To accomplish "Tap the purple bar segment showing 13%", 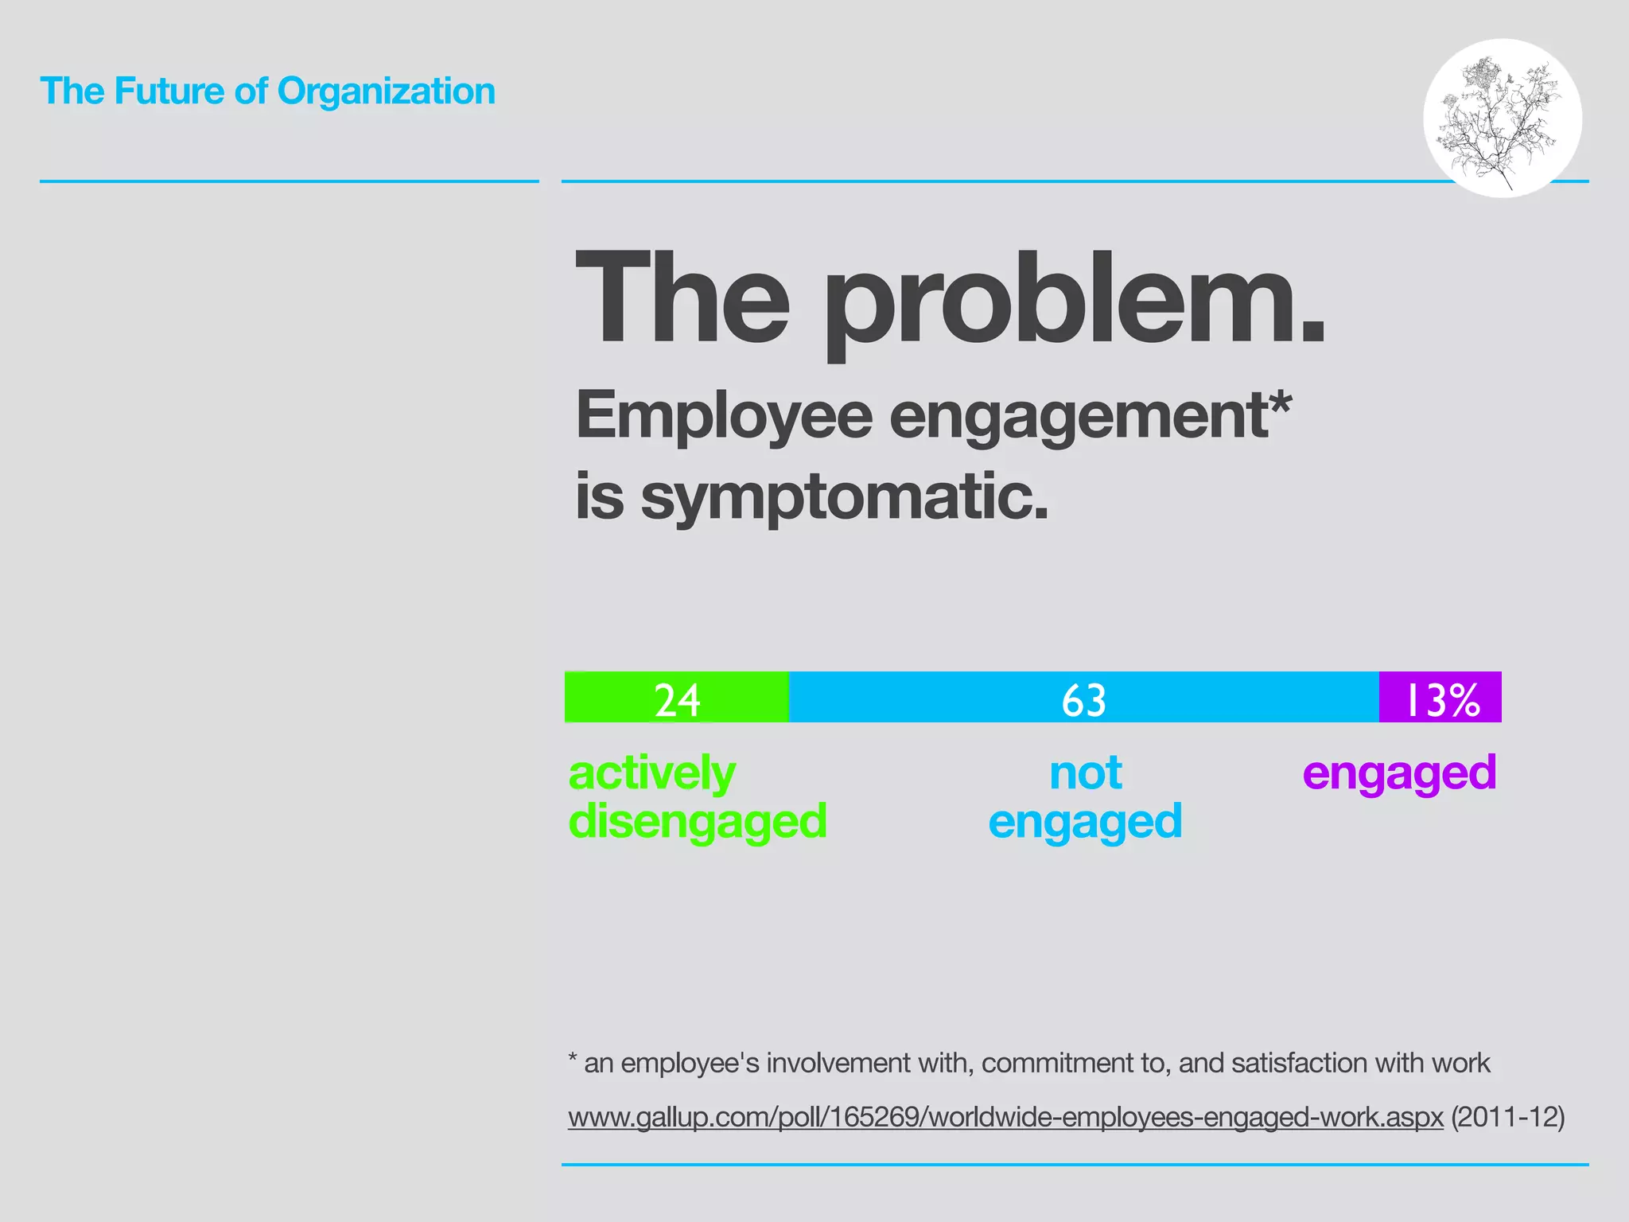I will click(x=1440, y=697).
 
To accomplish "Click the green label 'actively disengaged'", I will click(x=697, y=797).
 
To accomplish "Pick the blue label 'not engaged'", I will click(x=1085, y=797).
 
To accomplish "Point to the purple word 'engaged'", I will click(x=1399, y=773).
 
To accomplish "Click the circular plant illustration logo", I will click(x=1502, y=118).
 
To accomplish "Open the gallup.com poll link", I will click(x=1005, y=1117).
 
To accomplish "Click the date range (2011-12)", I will click(x=1508, y=1117).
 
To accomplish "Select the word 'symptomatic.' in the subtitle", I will click(x=845, y=497).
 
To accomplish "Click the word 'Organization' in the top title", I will click(x=386, y=91).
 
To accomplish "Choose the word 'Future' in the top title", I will click(x=169, y=91).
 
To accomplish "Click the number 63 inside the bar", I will click(x=1083, y=700).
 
